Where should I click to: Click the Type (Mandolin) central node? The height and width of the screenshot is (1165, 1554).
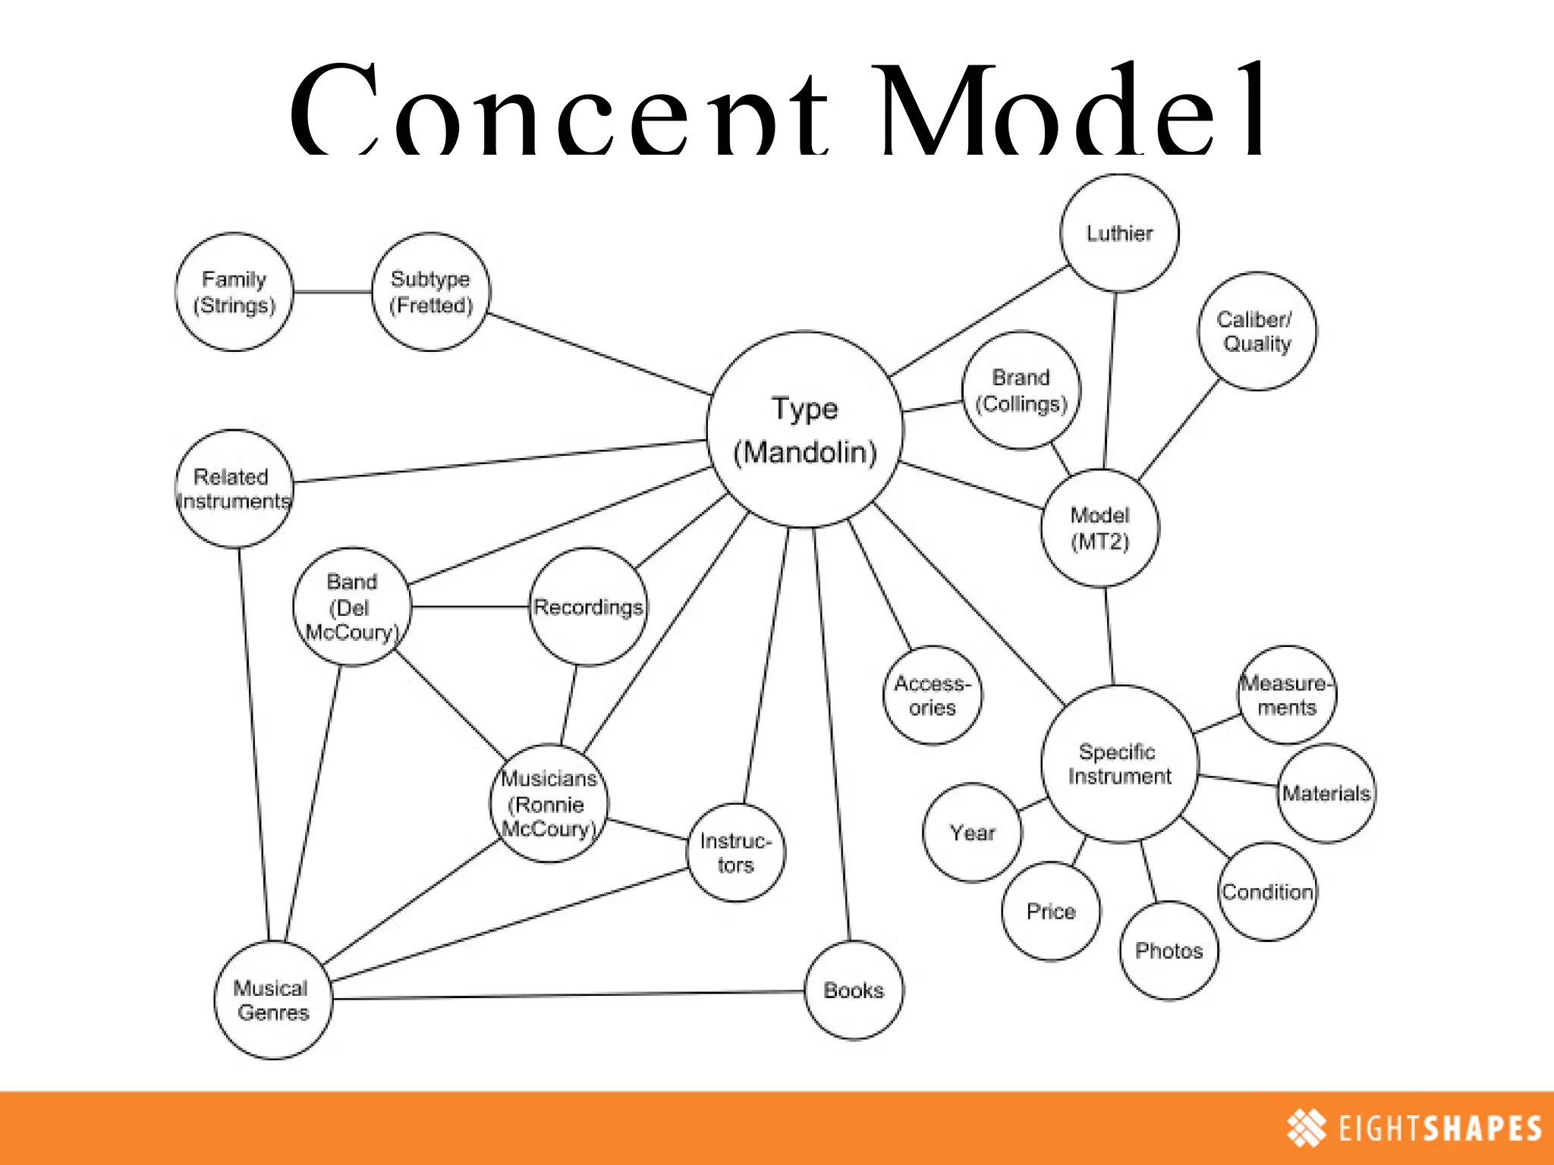point(805,429)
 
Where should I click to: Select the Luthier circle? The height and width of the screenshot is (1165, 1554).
point(1119,233)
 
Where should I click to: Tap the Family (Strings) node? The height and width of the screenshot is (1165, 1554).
point(234,292)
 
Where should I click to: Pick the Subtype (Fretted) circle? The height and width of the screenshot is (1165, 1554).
point(431,292)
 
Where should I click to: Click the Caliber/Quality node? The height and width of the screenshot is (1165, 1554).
point(1257,331)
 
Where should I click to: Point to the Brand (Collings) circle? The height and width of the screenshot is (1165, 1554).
point(1021,391)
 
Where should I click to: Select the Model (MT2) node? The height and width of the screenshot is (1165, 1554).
point(1100,528)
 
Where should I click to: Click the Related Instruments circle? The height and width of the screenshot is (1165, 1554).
point(234,489)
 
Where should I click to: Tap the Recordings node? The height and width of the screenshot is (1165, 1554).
point(588,607)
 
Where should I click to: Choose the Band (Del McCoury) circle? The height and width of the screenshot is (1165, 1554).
point(352,607)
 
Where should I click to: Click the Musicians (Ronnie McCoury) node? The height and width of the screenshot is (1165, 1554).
point(549,803)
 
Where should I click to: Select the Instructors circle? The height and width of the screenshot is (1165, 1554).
point(735,853)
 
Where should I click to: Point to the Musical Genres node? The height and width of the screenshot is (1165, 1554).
point(273,1000)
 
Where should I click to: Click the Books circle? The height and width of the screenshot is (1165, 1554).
point(854,991)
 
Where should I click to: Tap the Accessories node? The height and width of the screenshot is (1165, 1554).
point(933,696)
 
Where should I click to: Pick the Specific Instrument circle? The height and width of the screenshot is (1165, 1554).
point(1120,764)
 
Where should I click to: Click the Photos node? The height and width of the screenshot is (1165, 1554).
point(1169,950)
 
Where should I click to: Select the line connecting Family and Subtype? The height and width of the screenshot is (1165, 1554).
point(332,292)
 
